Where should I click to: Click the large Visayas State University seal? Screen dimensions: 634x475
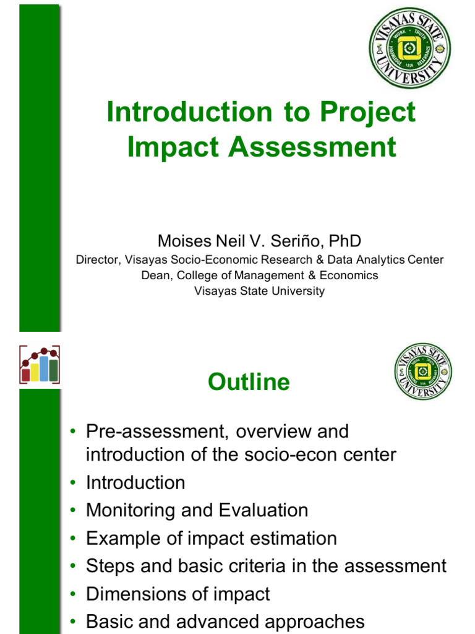(409, 47)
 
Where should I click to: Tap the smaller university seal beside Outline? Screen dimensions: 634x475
(422, 371)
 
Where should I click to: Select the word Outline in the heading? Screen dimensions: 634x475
(249, 382)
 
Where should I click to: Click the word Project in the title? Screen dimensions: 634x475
(367, 113)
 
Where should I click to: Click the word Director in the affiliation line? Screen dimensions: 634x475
(97, 260)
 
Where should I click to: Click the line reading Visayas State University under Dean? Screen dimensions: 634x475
(259, 291)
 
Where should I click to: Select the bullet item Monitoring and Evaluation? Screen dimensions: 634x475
(197, 511)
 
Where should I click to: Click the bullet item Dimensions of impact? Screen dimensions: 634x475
(178, 594)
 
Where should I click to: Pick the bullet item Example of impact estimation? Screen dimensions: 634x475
(211, 539)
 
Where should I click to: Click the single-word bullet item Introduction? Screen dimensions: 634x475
(135, 483)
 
